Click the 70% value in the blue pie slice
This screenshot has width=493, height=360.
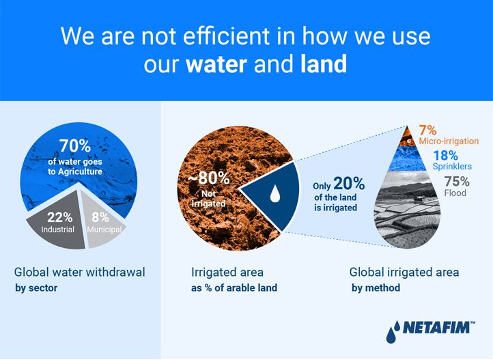tap(75, 146)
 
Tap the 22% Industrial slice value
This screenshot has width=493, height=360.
tap(59, 217)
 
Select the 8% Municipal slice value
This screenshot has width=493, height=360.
tap(100, 217)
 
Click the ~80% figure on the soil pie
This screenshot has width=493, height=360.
tap(208, 178)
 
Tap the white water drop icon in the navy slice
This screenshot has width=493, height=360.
tap(275, 193)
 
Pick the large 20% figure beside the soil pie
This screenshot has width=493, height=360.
tap(349, 184)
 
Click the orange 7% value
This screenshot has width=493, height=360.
tap(427, 130)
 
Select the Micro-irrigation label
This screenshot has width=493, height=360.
tap(449, 141)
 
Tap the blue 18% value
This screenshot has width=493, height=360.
tap(445, 155)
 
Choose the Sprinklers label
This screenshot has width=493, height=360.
tap(452, 166)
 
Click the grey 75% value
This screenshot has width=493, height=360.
tap(457, 182)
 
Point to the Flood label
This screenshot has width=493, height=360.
tap(455, 193)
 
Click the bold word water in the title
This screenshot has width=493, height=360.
tap(216, 64)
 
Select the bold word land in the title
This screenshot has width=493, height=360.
tap(324, 64)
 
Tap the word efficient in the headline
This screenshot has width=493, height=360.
tap(226, 36)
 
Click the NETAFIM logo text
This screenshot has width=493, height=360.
tap(438, 328)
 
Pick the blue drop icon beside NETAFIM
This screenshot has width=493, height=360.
tap(393, 332)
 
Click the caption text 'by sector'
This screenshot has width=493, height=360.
tap(36, 288)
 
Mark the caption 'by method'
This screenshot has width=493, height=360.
tap(376, 288)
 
